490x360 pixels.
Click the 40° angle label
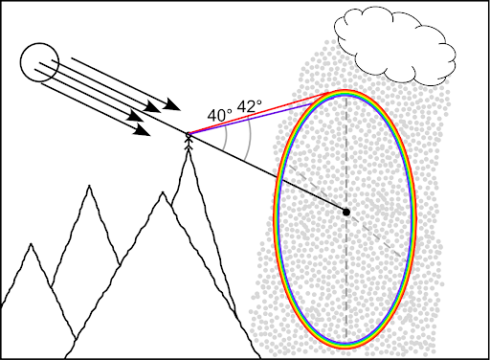click(219, 115)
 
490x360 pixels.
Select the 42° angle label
click(250, 107)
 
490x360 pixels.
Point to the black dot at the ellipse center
click(346, 212)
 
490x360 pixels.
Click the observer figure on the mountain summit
click(189, 141)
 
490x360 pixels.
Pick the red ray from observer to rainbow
click(258, 112)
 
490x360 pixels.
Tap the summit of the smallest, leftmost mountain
click(32, 245)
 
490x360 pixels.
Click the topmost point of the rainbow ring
click(345, 92)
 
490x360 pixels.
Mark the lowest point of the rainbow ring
click(345, 344)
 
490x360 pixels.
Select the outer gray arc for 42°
click(249, 144)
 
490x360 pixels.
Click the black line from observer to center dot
click(268, 174)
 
